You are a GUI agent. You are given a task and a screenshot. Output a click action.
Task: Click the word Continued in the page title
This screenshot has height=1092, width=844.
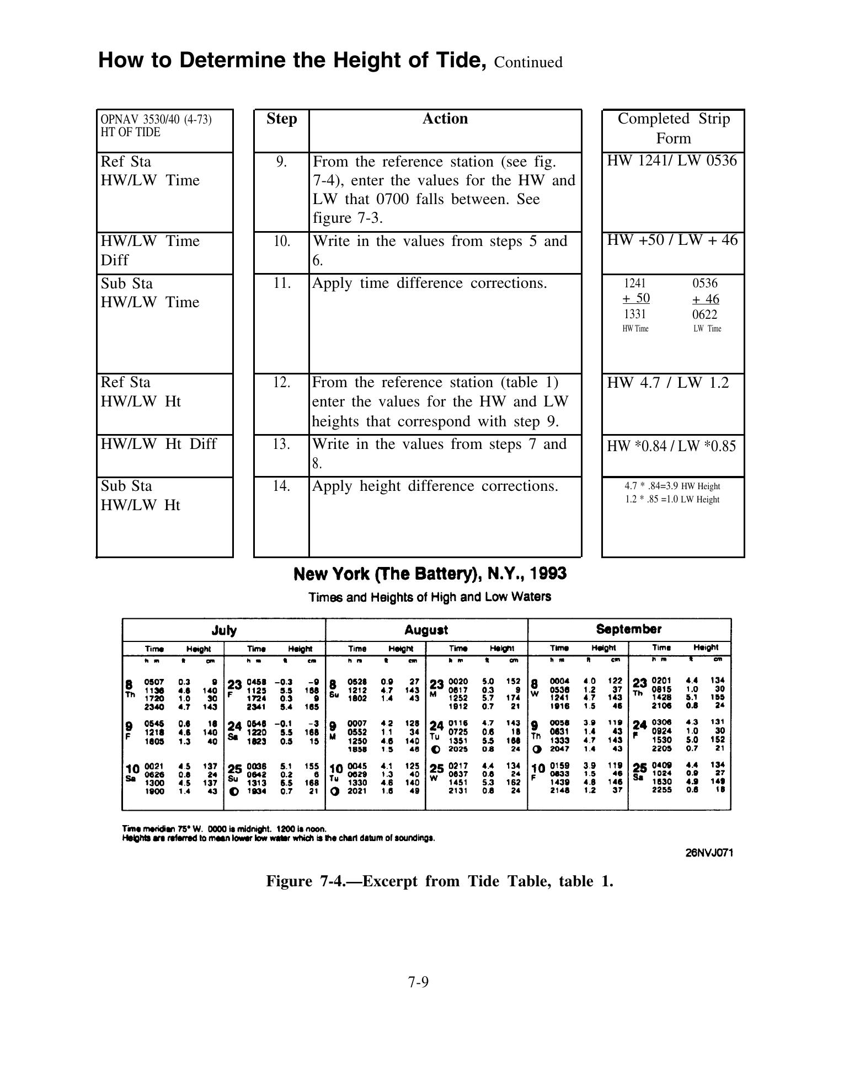point(528,62)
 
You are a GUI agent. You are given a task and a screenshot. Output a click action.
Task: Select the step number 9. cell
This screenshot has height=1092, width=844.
point(281,162)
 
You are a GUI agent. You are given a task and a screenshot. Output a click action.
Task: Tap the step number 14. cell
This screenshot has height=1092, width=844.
point(281,486)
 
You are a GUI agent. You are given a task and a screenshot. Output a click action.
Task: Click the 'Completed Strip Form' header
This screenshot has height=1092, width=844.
point(673,128)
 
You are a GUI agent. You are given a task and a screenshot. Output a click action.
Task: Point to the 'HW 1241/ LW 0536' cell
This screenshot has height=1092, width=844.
point(672,160)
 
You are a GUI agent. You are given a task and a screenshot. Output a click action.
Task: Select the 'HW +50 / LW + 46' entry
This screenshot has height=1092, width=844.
point(672,240)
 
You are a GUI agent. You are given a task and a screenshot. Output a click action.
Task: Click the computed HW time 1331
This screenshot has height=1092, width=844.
point(634,314)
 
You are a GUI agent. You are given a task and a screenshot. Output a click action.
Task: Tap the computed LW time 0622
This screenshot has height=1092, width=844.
point(705,315)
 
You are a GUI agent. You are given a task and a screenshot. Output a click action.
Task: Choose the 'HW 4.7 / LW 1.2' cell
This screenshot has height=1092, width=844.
point(667,383)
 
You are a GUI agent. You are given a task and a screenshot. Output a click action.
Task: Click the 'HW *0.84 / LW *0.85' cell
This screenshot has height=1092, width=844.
point(671,446)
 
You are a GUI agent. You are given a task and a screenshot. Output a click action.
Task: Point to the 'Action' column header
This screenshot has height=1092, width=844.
point(445,119)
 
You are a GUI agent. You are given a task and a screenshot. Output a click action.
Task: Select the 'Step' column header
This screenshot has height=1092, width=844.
point(281,119)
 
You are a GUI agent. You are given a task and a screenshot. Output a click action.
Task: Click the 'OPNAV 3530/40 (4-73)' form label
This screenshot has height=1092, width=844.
point(156,119)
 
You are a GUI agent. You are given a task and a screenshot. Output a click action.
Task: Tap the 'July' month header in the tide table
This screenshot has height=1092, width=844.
point(224,630)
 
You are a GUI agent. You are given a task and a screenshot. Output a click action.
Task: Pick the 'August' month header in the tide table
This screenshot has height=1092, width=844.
point(426,630)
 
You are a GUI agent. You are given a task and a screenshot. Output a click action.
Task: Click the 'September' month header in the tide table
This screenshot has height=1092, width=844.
point(628,629)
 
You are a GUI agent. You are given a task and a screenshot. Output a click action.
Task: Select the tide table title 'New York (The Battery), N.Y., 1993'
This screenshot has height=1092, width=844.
point(430,574)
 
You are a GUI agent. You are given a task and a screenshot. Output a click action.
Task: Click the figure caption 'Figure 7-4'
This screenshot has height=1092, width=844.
point(439,881)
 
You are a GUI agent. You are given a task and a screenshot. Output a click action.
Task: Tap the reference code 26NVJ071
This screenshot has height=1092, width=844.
point(709,853)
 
